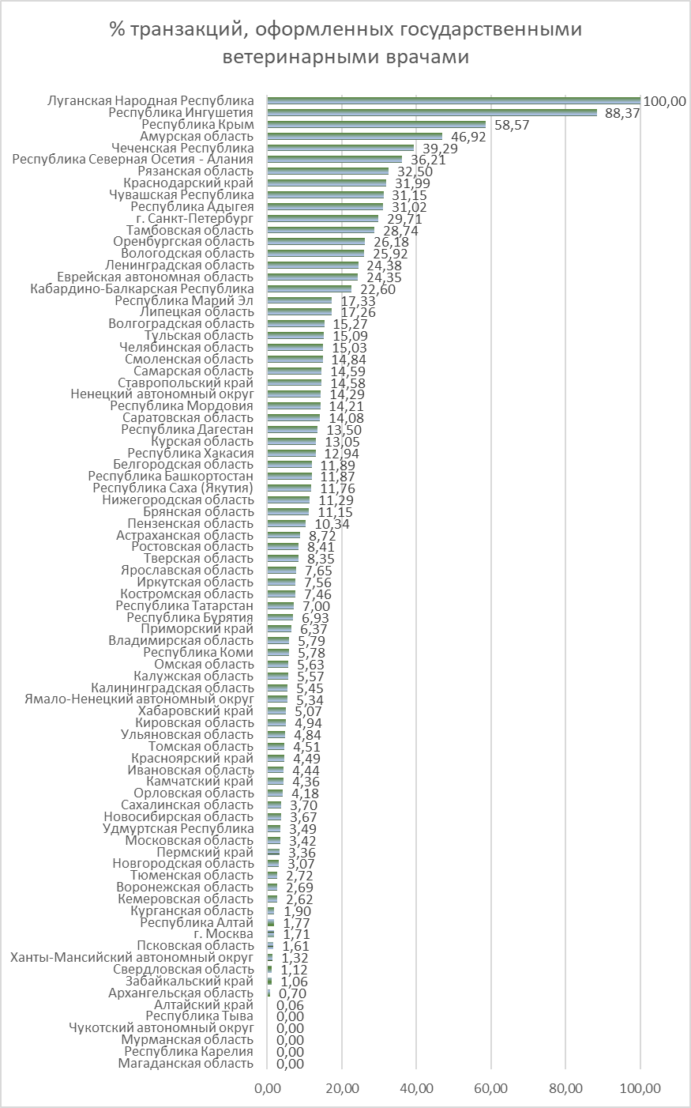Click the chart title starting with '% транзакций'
coord(346,43)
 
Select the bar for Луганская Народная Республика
coord(454,101)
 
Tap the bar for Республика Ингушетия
coord(432,113)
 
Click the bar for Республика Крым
coord(377,125)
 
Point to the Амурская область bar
coord(355,137)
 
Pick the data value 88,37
coord(622,113)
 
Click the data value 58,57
coord(512,125)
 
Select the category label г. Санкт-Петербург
coord(195,218)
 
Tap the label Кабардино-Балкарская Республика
coord(142,288)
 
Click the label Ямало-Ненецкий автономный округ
coord(140,699)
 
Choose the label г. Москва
coord(223,933)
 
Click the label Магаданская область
coord(186,1063)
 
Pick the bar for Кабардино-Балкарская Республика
coord(310,289)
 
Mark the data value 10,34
coord(332,524)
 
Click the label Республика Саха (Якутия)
coord(173,488)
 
